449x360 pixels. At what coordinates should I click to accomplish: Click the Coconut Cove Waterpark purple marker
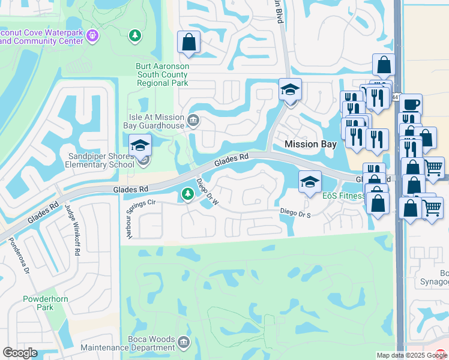(92, 36)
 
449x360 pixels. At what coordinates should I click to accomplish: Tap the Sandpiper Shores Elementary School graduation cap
(140, 145)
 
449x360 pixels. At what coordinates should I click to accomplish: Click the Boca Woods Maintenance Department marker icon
(183, 343)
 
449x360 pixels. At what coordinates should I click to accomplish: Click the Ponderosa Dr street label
(17, 256)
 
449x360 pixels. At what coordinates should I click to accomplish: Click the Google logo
(20, 353)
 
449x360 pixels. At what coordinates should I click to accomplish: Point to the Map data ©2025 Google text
(411, 355)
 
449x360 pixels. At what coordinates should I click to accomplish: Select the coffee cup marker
(411, 103)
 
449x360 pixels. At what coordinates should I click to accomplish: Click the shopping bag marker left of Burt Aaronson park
(188, 42)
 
